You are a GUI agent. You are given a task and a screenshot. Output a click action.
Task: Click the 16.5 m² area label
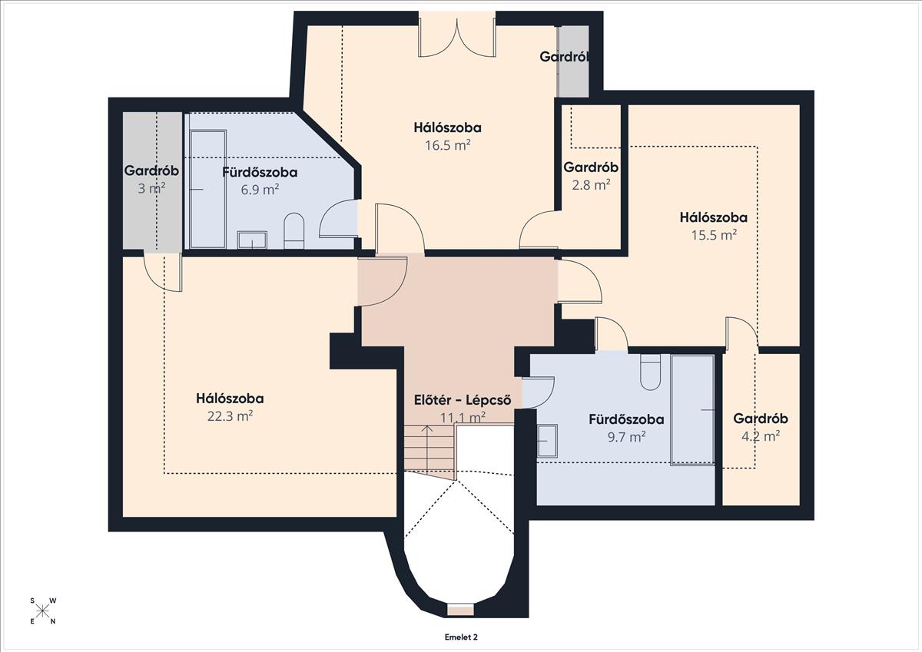click(x=447, y=145)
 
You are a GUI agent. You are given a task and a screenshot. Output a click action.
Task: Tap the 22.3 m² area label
click(x=230, y=416)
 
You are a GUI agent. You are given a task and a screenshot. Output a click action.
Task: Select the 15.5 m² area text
click(x=714, y=235)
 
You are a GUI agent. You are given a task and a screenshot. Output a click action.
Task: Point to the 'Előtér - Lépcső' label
click(x=463, y=400)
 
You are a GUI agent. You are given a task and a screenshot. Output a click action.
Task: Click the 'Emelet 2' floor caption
click(x=461, y=637)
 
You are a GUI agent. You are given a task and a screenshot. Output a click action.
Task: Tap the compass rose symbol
click(x=42, y=611)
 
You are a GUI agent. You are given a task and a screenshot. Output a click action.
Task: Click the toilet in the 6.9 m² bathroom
click(x=294, y=230)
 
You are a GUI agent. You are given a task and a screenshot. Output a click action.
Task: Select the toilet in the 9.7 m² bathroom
click(x=650, y=372)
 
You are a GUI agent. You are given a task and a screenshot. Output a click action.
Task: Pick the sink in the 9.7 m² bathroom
click(x=547, y=441)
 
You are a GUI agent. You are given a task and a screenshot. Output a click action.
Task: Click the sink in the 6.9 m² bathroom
click(x=252, y=240)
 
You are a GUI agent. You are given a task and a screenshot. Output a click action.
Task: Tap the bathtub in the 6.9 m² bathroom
click(x=208, y=189)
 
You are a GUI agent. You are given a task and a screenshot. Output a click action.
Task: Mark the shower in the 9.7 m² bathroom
click(x=692, y=410)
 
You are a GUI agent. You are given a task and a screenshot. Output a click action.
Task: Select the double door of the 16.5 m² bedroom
click(x=457, y=38)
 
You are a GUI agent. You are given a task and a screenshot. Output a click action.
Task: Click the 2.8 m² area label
click(x=591, y=185)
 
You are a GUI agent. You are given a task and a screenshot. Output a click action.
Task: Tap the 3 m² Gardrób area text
click(x=151, y=188)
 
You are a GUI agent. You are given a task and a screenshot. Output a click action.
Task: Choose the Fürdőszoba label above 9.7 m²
click(x=626, y=419)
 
